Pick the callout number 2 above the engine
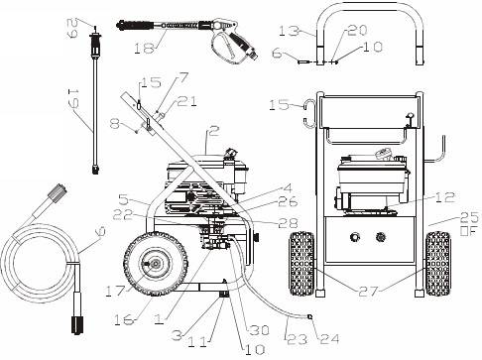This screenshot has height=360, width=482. point(214,129)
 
